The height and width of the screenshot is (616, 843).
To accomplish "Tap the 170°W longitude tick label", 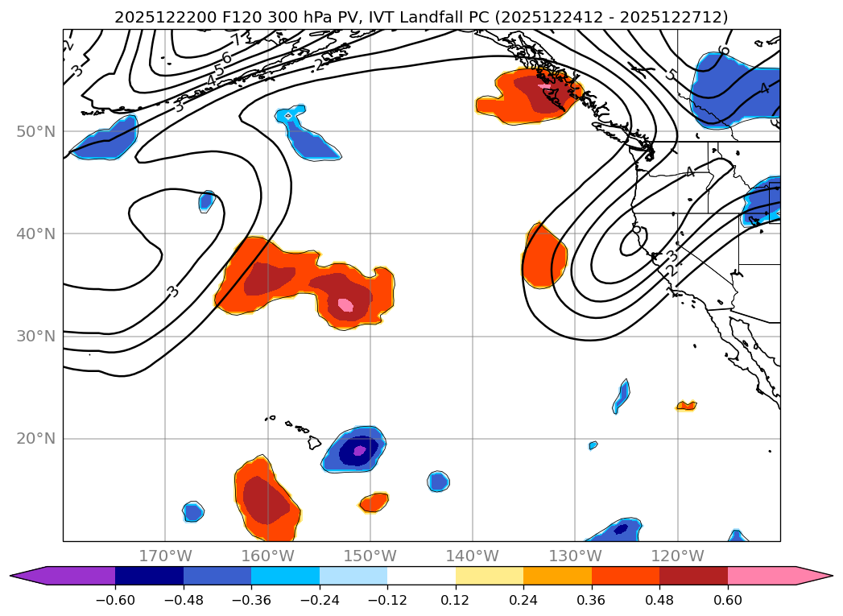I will pyautogui.click(x=165, y=556).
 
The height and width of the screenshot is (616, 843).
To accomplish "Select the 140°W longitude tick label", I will pyautogui.click(x=473, y=556).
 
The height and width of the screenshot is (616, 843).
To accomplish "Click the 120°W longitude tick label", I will pyautogui.click(x=677, y=556).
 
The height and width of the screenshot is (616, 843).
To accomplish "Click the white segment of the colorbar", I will pyautogui.click(x=421, y=576).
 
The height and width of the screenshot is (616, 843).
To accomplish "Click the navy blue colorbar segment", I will pyautogui.click(x=149, y=576).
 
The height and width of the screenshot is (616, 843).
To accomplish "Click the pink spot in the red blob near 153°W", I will pyautogui.click(x=345, y=305).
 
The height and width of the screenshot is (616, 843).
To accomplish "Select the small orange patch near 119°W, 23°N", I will pyautogui.click(x=686, y=406).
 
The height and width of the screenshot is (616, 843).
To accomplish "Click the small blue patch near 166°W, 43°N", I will pyautogui.click(x=207, y=201).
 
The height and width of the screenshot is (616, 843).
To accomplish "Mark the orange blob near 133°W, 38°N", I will pyautogui.click(x=544, y=256).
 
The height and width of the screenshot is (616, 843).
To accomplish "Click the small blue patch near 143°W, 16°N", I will pyautogui.click(x=438, y=482).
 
